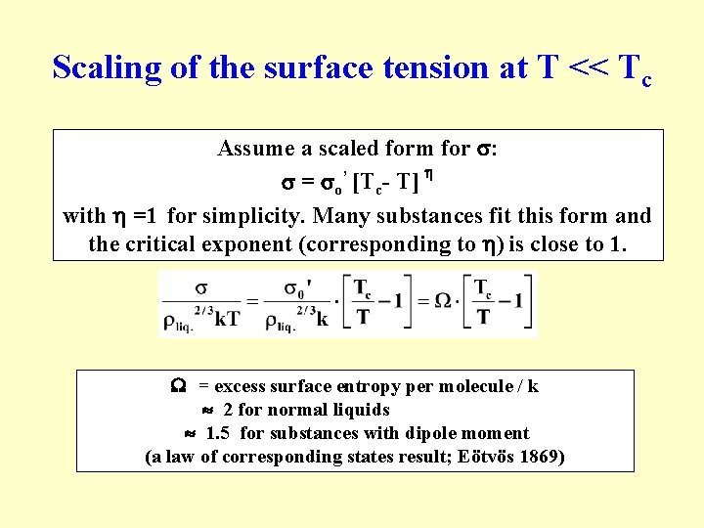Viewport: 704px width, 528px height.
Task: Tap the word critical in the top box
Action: tap(160, 243)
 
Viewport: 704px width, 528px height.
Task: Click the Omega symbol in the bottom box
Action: tap(180, 386)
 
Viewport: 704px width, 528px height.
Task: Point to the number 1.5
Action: tap(219, 433)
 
